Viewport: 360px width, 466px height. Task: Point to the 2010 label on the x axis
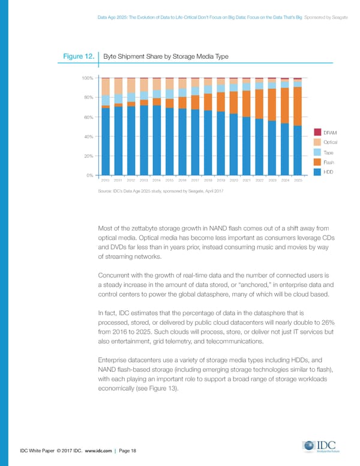(105, 180)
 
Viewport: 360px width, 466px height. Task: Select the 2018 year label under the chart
(208, 180)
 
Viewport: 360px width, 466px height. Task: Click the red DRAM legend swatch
(318, 132)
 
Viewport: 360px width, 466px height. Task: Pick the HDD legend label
(328, 172)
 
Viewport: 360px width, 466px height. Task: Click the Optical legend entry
(330, 142)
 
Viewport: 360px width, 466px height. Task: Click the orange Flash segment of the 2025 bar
(298, 106)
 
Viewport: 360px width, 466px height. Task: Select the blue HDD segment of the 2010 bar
(105, 141)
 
